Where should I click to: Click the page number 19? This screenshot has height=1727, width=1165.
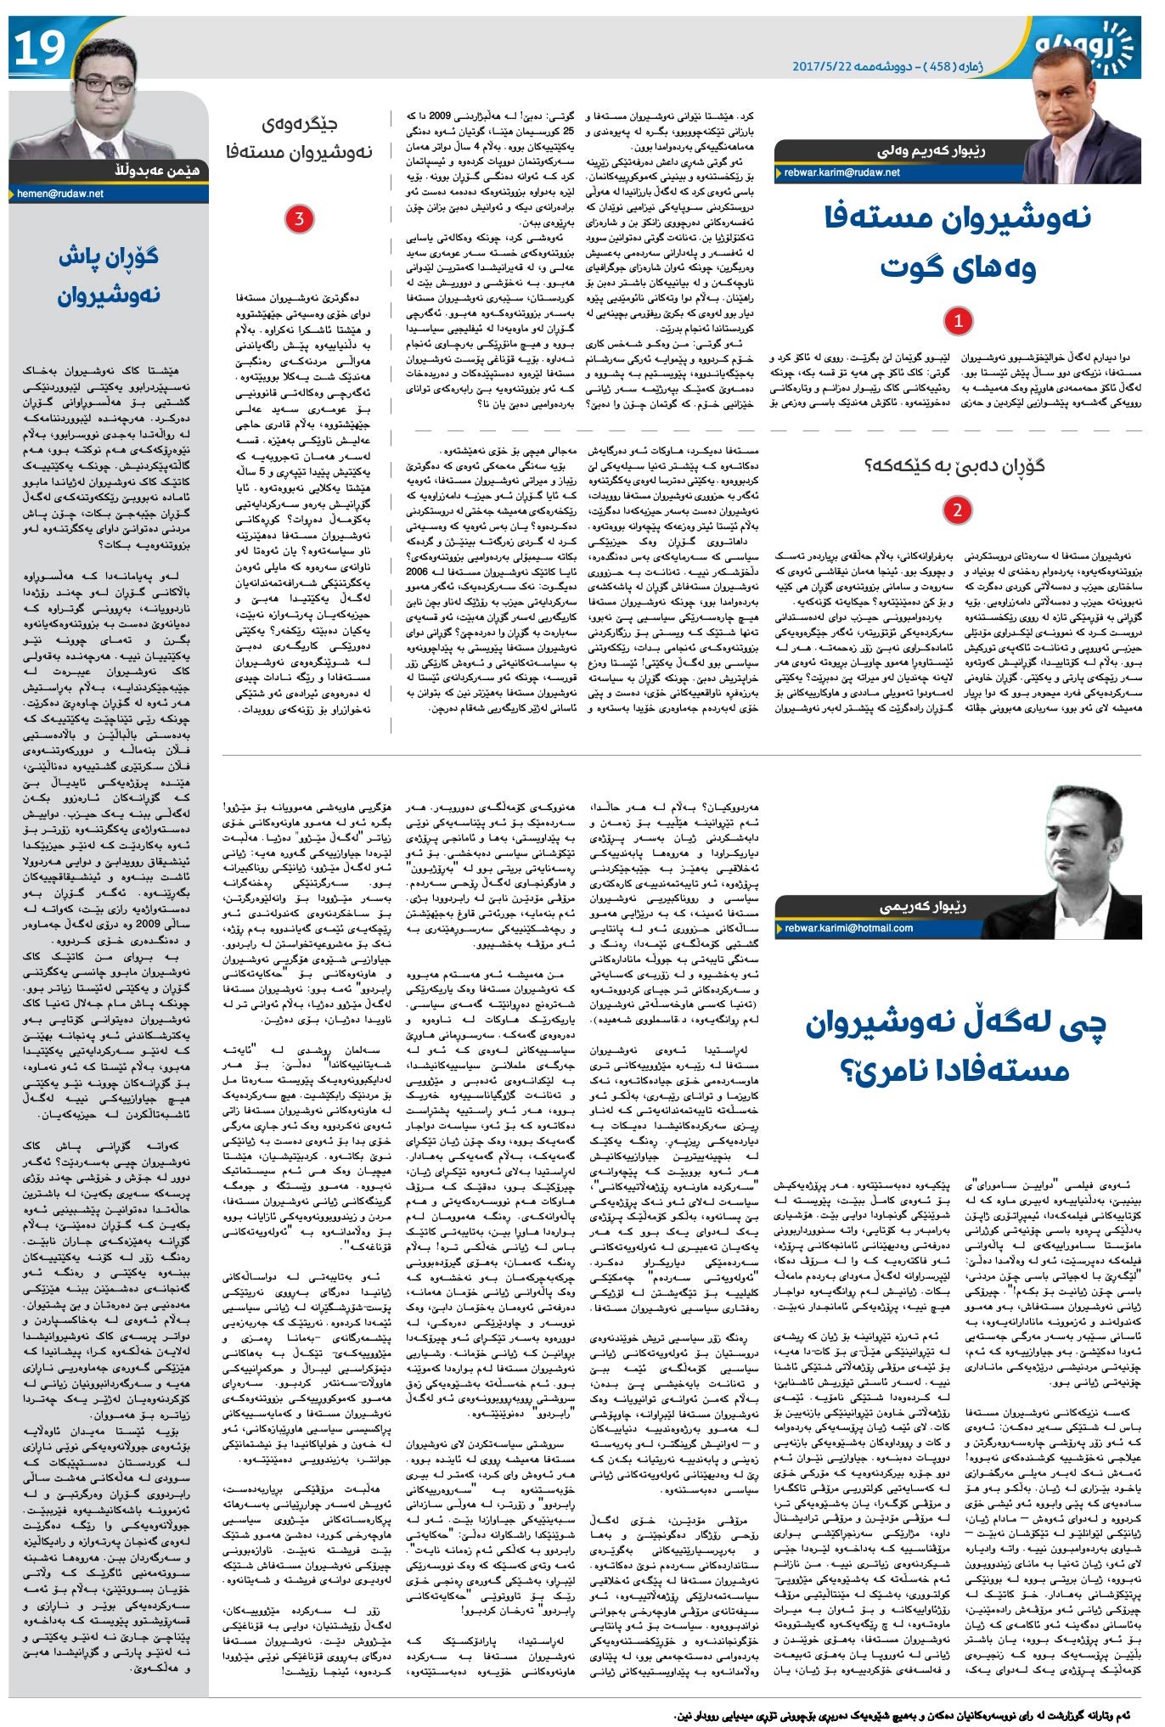pyautogui.click(x=39, y=48)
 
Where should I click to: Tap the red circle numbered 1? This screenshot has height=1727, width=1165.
pyautogui.click(x=958, y=321)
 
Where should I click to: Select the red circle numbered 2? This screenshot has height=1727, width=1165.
pyautogui.click(x=957, y=509)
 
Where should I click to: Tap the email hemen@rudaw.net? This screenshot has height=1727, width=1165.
pyautogui.click(x=60, y=194)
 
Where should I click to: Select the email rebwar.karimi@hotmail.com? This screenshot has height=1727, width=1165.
pyautogui.click(x=849, y=928)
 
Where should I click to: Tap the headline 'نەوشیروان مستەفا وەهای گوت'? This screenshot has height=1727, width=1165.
pyautogui.click(x=958, y=242)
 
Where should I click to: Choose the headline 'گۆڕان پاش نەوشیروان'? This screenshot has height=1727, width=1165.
pyautogui.click(x=109, y=275)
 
